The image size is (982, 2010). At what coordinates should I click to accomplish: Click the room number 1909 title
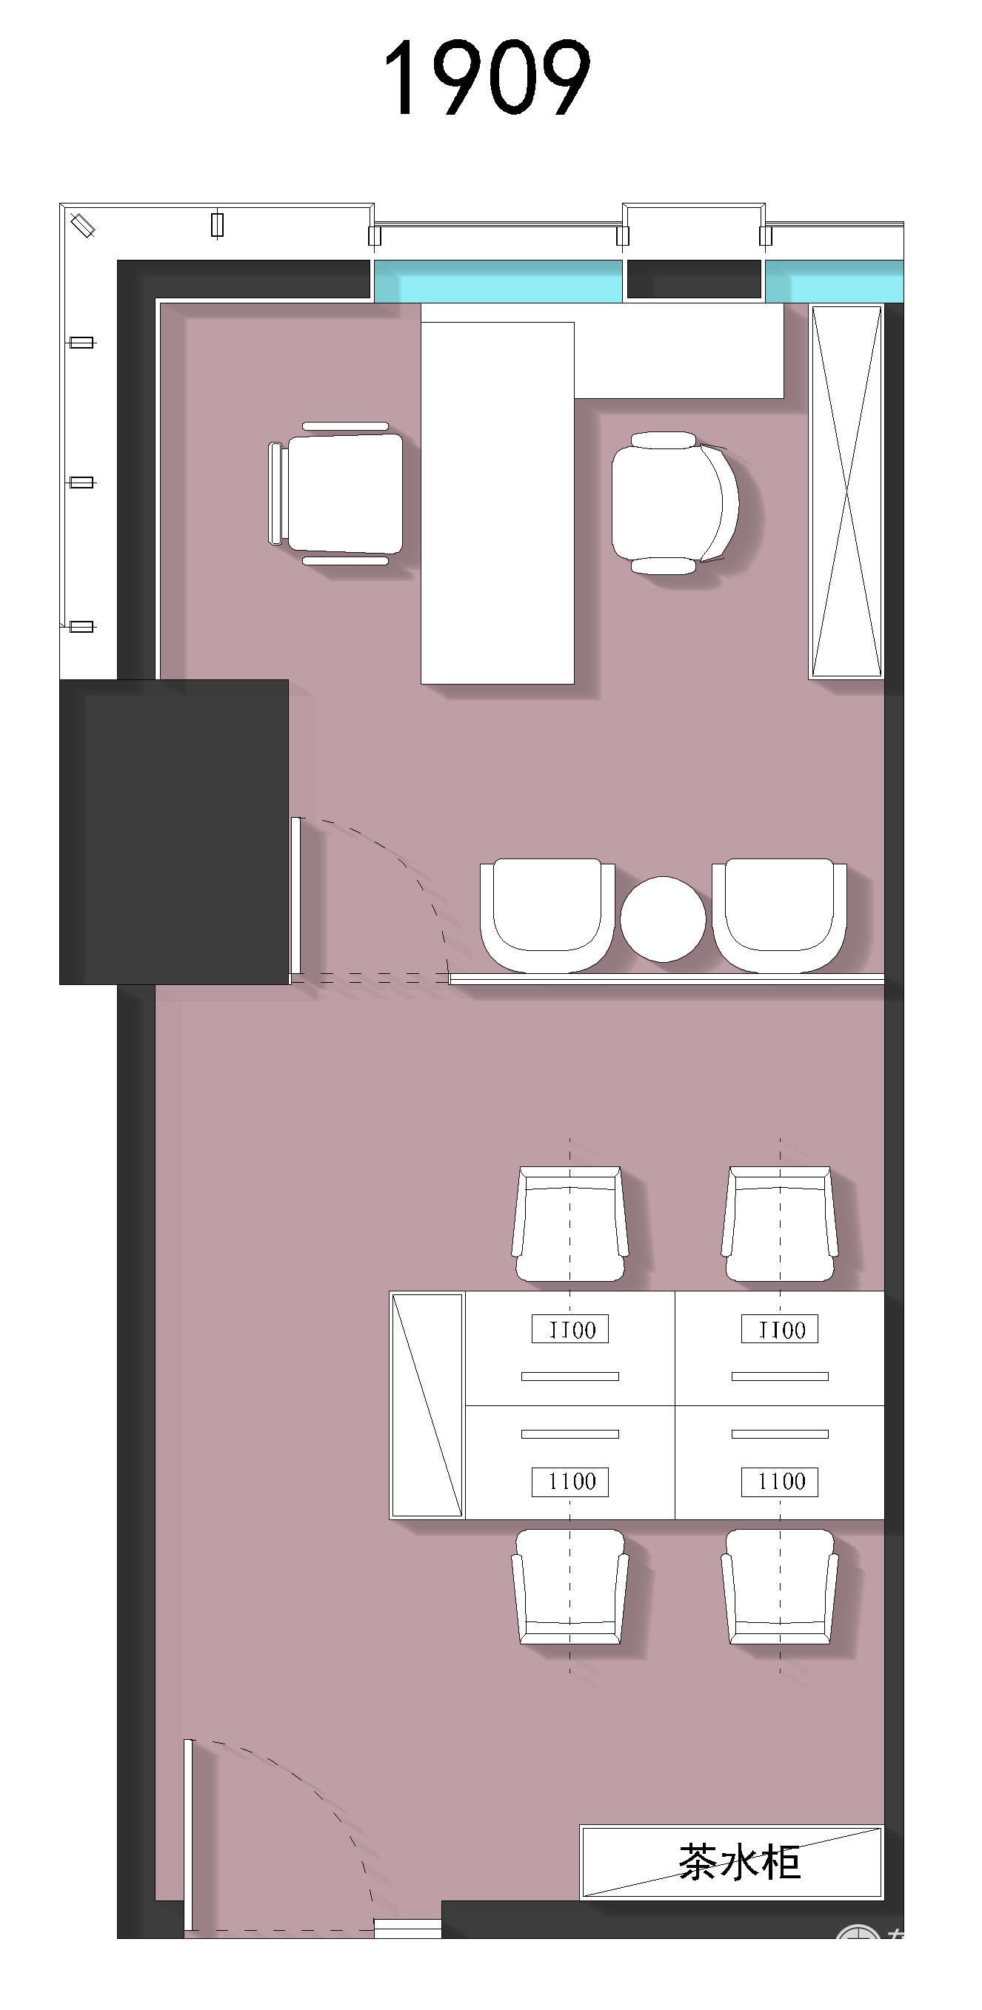tap(487, 78)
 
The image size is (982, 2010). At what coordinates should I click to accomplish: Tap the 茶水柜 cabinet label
tap(739, 1863)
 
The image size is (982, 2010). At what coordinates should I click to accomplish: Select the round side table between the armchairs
tap(663, 919)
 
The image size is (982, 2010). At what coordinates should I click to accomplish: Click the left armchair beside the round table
tap(547, 915)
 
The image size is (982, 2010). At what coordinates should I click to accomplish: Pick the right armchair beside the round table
tap(779, 915)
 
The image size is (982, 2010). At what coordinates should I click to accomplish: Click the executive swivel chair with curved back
tap(675, 503)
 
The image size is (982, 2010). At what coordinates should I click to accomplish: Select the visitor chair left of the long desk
tap(335, 493)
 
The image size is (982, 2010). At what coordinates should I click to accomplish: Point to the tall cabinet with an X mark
tap(846, 491)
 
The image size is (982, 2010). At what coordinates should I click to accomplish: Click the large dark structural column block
tap(174, 832)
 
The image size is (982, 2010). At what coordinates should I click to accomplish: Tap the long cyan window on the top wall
tap(498, 281)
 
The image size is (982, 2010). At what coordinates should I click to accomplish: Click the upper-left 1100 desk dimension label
tap(570, 1330)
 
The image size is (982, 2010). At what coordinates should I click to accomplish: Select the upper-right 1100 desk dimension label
tap(780, 1330)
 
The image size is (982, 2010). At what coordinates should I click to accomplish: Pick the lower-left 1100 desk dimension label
tap(570, 1482)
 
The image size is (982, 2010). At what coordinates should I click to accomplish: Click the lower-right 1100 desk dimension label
tap(780, 1482)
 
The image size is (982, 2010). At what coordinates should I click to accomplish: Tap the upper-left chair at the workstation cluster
tap(570, 1223)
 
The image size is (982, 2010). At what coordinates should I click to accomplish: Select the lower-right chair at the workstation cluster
tap(780, 1587)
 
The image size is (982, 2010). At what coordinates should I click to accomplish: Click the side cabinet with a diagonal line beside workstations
tap(427, 1405)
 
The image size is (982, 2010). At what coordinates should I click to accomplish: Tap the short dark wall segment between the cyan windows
tap(694, 279)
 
